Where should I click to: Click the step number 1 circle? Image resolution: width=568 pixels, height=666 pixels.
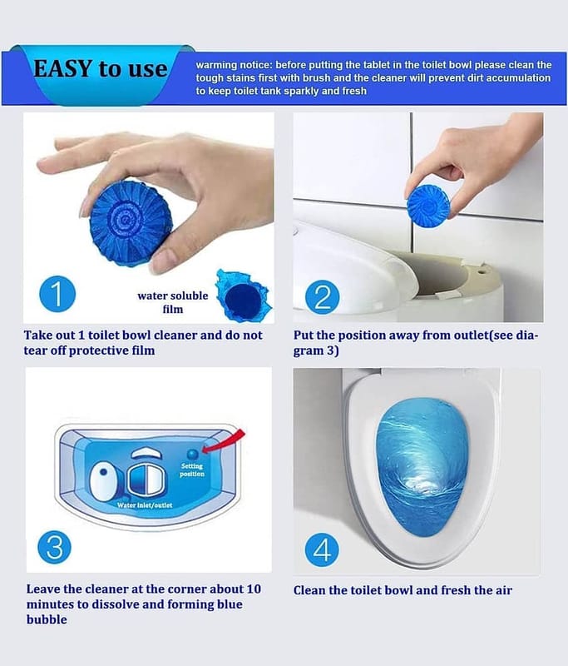point(57,294)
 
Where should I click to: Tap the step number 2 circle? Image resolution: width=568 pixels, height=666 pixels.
point(323,297)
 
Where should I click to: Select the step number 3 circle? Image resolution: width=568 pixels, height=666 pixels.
point(55,547)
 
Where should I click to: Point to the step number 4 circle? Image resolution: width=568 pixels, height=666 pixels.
point(322,549)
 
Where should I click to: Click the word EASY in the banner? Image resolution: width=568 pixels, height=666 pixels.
point(62,69)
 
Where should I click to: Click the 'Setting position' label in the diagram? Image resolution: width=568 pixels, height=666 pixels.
point(192,470)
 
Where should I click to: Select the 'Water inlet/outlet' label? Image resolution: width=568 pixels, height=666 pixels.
point(145,505)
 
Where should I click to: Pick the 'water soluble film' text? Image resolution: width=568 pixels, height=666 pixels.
point(173,302)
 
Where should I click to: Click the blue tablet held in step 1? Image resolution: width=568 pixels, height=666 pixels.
point(131,223)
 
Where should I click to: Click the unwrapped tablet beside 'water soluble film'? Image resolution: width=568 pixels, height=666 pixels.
point(243,297)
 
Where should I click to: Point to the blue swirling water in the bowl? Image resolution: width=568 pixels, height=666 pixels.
point(422,466)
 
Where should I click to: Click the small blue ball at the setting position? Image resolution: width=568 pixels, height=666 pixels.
point(193,455)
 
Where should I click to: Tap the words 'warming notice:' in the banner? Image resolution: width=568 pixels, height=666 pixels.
point(234,65)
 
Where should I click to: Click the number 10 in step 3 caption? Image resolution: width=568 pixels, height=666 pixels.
point(254,589)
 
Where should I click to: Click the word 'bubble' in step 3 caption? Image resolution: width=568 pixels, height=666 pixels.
point(47,619)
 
